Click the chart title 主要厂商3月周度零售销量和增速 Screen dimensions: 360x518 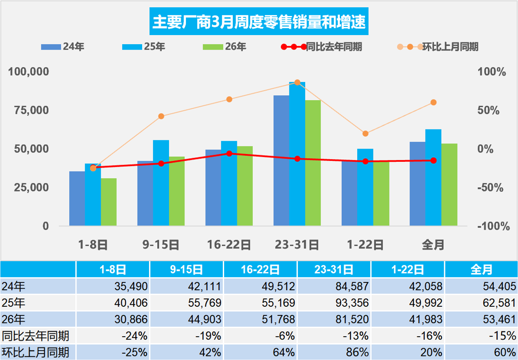point(259,22)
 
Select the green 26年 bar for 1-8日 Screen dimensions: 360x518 point(109,202)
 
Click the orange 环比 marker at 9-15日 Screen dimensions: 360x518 point(161,116)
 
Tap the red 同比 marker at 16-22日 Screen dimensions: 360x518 point(229,154)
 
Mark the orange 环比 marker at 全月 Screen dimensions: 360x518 point(433,103)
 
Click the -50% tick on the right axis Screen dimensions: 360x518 point(490,188)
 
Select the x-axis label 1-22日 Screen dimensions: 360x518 point(365,245)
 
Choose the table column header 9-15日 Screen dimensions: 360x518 point(186,269)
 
